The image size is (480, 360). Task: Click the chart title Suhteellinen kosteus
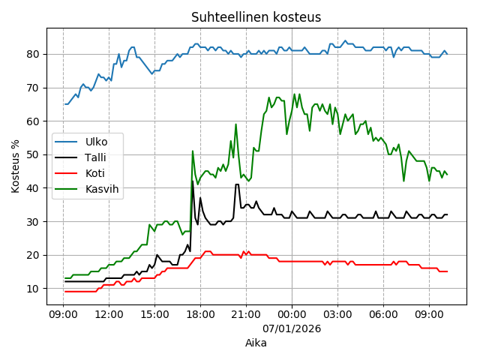click(256, 17)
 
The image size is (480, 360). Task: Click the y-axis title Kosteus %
click(16, 166)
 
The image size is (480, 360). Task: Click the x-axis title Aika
click(256, 343)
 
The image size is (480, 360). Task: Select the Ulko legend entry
click(96, 141)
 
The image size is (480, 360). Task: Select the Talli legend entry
click(95, 157)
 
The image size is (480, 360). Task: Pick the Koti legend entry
click(94, 172)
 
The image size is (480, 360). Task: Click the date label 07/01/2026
click(292, 328)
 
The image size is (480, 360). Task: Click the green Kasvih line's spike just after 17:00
click(193, 151)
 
